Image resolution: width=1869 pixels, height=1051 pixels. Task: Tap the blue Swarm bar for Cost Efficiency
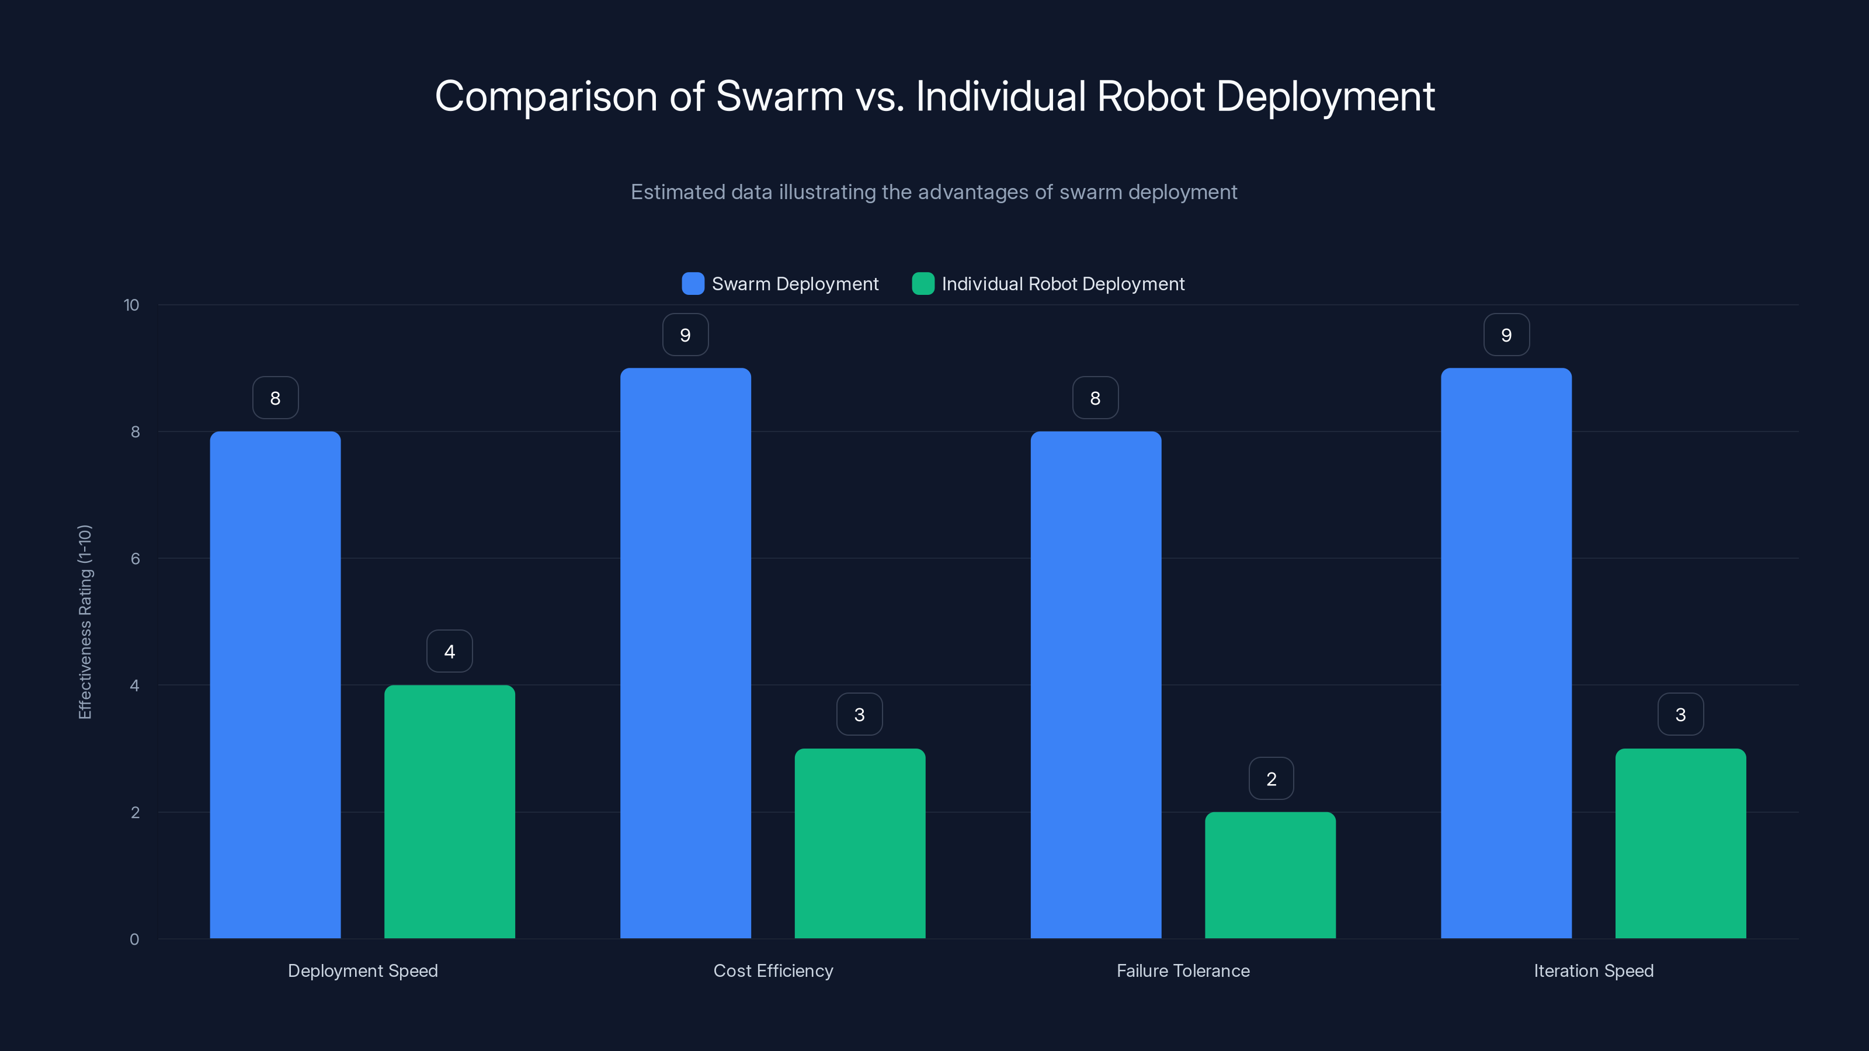pos(685,653)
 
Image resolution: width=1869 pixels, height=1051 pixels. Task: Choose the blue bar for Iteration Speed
pos(1506,653)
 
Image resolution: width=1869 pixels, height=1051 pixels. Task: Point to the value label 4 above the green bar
pos(449,652)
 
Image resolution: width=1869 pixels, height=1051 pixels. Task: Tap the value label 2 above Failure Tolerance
pos(1270,778)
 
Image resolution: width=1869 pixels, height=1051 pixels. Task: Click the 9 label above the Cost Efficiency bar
pos(685,335)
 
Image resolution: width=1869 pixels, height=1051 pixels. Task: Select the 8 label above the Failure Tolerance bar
pos(1095,398)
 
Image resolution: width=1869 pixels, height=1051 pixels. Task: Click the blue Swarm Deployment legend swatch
pos(693,284)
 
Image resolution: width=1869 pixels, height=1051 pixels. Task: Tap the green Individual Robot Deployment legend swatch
pos(922,284)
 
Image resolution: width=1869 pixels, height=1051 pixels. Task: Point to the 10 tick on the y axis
pos(131,305)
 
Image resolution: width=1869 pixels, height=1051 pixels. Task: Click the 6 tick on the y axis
pos(135,559)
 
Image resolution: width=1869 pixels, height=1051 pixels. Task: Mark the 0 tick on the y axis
pos(134,939)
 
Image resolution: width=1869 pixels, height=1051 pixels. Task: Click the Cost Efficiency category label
pos(773,970)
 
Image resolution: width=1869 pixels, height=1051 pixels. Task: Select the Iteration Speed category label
pos(1593,970)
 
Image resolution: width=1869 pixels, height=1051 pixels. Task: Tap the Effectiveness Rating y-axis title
pos(85,622)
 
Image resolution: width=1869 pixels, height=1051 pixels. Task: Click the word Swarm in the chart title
pos(779,96)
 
